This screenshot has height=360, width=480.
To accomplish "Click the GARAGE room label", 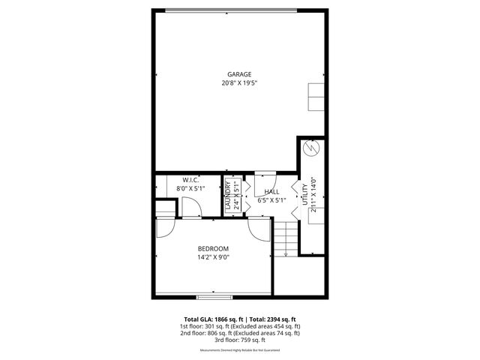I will pos(240,74).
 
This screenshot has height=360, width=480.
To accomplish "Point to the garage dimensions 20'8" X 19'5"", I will pos(240,83).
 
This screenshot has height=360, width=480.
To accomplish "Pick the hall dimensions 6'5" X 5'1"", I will pos(271,200).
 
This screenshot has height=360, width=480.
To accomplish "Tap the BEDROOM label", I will pos(213,248).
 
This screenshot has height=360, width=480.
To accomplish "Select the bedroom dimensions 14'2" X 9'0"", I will pos(213,257).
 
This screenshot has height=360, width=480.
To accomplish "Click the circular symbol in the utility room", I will pos(310,148).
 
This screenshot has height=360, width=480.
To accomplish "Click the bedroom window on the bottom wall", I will pos(214,294).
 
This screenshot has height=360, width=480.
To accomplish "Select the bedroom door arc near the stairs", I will pos(259,229).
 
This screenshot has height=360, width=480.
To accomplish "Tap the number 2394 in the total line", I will pos(272,319).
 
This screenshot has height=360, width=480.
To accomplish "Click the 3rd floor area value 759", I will pos(244,340).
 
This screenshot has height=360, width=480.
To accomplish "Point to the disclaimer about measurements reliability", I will pos(240,350).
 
